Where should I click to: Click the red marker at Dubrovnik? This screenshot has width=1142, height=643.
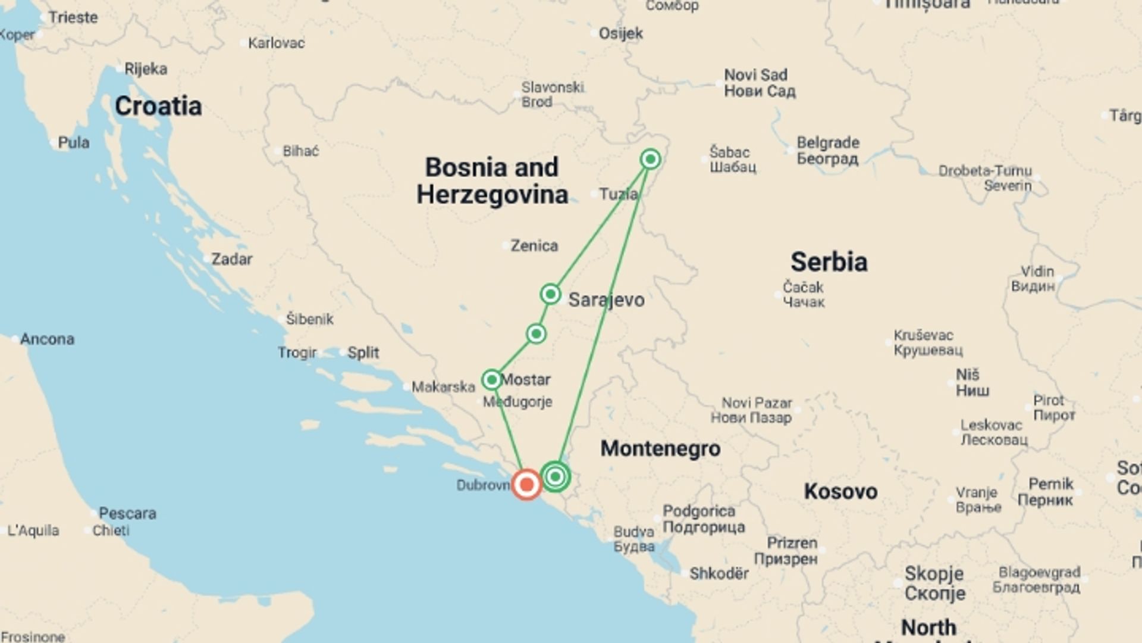click(526, 485)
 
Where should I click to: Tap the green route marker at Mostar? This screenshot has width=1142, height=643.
click(492, 379)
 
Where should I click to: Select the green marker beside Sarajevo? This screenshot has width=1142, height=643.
click(550, 294)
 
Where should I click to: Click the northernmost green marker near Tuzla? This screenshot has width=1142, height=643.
click(650, 160)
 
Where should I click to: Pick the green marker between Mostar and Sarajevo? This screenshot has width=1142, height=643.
click(536, 333)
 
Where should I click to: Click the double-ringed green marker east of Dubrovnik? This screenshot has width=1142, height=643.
click(556, 476)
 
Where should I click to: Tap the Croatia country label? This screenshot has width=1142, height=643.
click(158, 107)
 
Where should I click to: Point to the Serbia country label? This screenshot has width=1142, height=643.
click(829, 262)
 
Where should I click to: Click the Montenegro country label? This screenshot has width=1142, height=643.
click(660, 448)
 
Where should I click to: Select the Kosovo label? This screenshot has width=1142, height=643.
click(840, 492)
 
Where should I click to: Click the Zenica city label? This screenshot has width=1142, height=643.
click(534, 245)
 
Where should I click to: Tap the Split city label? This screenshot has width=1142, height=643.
click(363, 352)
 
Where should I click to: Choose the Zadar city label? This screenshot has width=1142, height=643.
click(231, 259)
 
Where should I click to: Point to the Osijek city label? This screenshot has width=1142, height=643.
click(620, 33)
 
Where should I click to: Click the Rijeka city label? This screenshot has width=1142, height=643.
click(146, 69)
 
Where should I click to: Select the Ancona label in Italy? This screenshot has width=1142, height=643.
click(47, 339)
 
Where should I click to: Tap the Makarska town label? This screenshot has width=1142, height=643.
click(443, 387)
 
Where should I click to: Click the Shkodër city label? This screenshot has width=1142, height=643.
click(719, 573)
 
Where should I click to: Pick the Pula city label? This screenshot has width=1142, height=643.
click(74, 143)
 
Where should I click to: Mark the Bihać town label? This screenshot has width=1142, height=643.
click(300, 151)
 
